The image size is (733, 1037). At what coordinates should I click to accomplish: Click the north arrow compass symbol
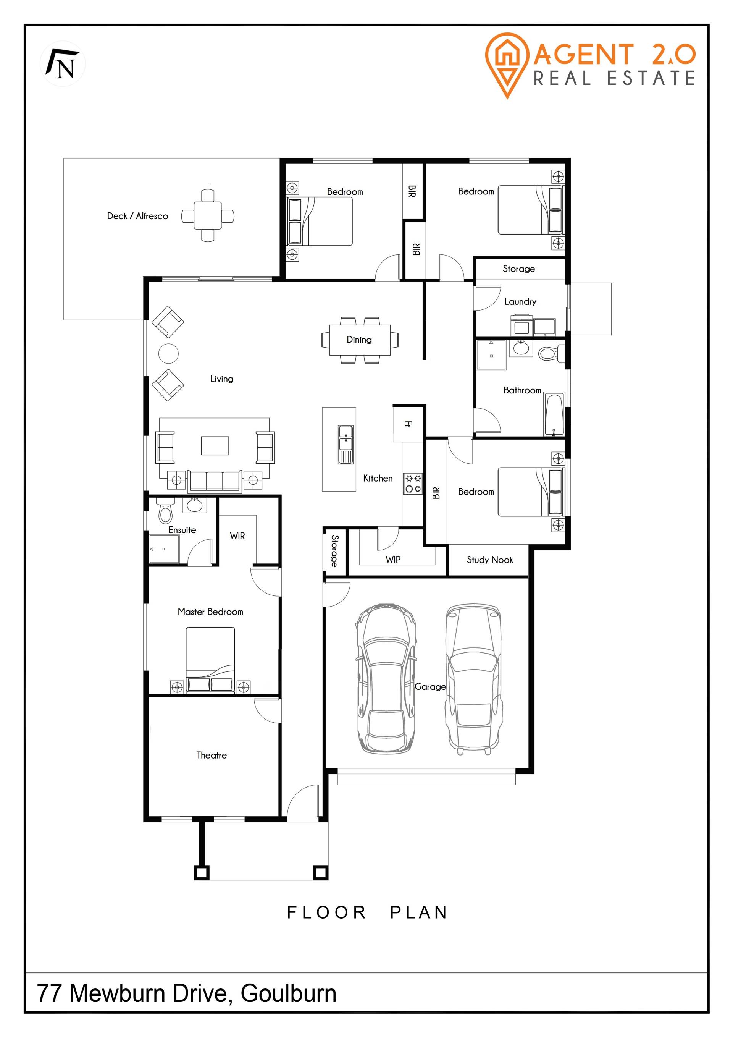63,64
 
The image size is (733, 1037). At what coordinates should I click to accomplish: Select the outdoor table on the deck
208,215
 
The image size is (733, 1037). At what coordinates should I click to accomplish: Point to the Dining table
360,340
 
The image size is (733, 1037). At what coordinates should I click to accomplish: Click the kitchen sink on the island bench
346,445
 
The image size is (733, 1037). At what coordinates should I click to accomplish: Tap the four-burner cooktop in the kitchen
413,483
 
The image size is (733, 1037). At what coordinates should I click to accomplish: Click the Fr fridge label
408,424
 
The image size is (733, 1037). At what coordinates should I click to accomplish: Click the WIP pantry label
393,559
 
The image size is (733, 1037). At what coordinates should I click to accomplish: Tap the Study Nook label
490,560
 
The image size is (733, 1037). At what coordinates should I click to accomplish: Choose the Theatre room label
212,755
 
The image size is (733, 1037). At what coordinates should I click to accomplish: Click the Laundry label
520,302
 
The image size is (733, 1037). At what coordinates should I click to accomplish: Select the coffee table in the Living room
215,445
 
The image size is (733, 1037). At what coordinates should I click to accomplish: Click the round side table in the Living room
168,354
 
